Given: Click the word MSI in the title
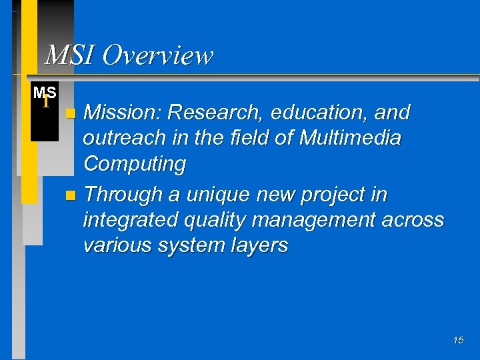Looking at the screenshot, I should pos(68,55).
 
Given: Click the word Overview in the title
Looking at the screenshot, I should pos(158,55).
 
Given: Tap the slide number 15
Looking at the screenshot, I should pos(458,341).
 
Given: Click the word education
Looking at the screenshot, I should pos(319,113).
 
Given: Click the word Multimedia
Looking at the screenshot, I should pos(350,138).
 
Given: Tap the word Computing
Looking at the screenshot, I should pos(134,164).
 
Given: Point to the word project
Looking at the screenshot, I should pos(333,195).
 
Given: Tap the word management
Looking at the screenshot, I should pos(323,219).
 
